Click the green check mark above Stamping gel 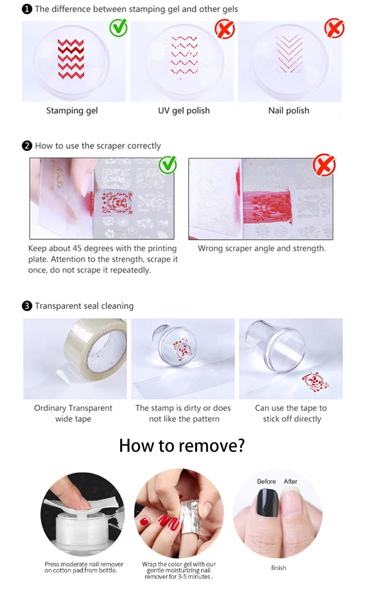point(119,28)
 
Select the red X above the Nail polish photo point(334,28)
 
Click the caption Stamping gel point(72,111)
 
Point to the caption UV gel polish point(184,111)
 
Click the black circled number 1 point(27,9)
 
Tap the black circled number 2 point(27,146)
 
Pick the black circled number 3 point(27,306)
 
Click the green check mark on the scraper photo point(168,165)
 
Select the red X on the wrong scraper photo point(325,165)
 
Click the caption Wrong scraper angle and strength point(261,248)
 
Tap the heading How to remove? point(182,445)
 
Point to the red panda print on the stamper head point(182,350)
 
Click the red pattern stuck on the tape point(315,382)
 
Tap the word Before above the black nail point(266,481)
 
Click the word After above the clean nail point(290,481)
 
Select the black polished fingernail point(267,502)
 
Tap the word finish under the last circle point(279,568)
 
